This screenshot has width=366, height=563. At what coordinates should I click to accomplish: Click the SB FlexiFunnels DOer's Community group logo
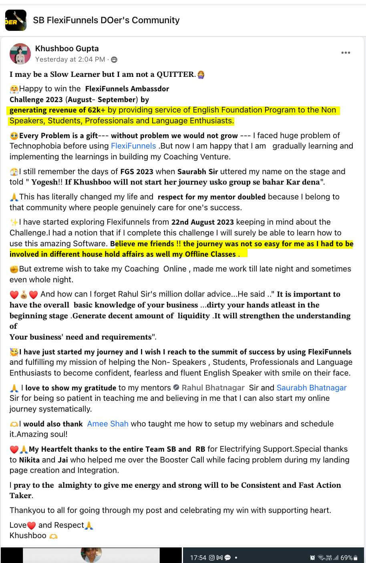pyautogui.click(x=16, y=20)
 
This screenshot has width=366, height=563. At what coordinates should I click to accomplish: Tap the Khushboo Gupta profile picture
pyautogui.click(x=20, y=54)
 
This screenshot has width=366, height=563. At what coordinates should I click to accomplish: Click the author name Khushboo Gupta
pyautogui.click(x=67, y=48)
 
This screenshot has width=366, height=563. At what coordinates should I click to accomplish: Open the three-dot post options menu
pyautogui.click(x=346, y=53)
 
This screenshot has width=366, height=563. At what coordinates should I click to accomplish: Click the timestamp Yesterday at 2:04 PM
pyautogui.click(x=70, y=59)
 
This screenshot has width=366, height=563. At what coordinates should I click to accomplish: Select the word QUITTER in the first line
pyautogui.click(x=175, y=74)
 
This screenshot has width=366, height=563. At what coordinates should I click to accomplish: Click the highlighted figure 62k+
pyautogui.click(x=96, y=110)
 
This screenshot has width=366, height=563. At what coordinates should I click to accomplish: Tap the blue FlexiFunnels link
pyautogui.click(x=133, y=146)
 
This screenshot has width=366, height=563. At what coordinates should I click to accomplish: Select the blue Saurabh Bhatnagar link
pyautogui.click(x=312, y=388)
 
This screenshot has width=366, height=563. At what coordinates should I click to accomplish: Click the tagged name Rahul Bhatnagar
pyautogui.click(x=213, y=388)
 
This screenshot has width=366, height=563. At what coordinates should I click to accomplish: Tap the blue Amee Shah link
pyautogui.click(x=108, y=424)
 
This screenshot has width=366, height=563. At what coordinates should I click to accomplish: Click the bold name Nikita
pyautogui.click(x=29, y=460)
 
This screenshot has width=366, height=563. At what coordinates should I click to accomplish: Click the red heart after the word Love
pyautogui.click(x=32, y=525)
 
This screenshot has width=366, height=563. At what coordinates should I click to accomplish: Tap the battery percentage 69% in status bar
pyautogui.click(x=346, y=557)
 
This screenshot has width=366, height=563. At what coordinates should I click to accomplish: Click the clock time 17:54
pyautogui.click(x=198, y=557)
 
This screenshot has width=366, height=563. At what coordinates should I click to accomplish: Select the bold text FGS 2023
pyautogui.click(x=137, y=171)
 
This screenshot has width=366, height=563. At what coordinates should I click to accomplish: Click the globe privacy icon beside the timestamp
pyautogui.click(x=114, y=60)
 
